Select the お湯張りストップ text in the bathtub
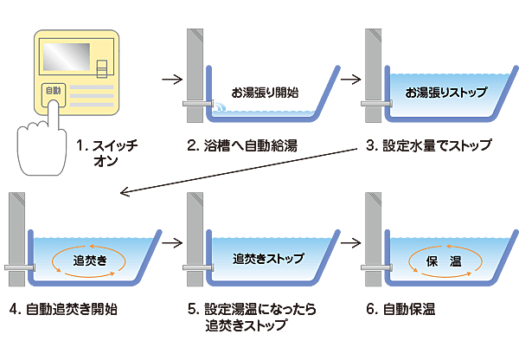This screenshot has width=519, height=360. tap(445, 93)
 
